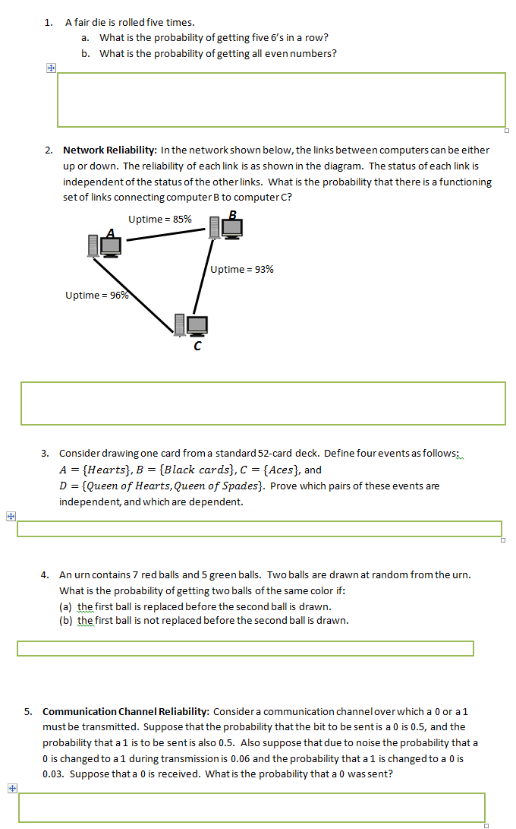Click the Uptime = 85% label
click(x=159, y=219)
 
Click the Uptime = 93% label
click(x=242, y=269)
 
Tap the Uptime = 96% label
click(x=96, y=296)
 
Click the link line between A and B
click(x=168, y=235)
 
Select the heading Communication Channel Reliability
click(x=125, y=711)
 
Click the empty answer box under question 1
click(x=281, y=100)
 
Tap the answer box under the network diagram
click(x=263, y=403)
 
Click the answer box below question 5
click(x=251, y=807)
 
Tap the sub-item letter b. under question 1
click(x=86, y=53)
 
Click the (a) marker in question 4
click(x=66, y=606)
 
